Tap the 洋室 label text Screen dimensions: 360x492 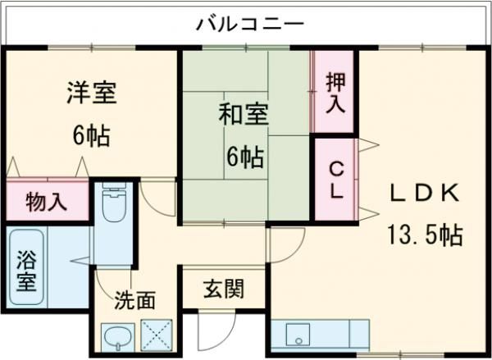[91, 92]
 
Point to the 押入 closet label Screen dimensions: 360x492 [335, 92]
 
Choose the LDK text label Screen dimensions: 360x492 [423, 194]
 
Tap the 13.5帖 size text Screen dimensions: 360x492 [424, 235]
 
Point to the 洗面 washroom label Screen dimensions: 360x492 [134, 299]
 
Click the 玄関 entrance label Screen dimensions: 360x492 [223, 289]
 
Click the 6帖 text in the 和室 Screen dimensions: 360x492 [241, 157]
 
